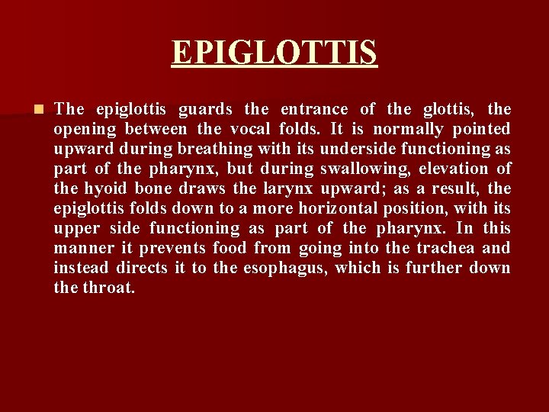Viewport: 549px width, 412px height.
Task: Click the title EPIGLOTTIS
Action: (x=274, y=53)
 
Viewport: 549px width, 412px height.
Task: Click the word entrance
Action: (x=313, y=109)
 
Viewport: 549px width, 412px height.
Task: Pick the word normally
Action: (x=406, y=129)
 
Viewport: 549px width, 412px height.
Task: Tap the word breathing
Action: (x=213, y=149)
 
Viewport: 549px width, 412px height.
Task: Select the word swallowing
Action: (x=361, y=169)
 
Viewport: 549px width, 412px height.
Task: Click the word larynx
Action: (x=287, y=188)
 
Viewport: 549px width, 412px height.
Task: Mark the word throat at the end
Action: (x=109, y=288)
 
